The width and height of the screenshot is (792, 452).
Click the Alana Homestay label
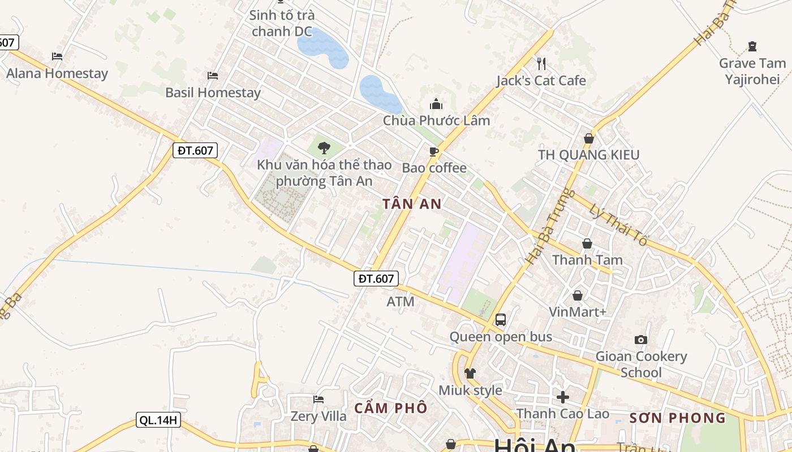point(57,73)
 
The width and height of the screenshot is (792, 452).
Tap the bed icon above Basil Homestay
point(213,76)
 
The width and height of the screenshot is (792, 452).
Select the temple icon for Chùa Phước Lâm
point(436,105)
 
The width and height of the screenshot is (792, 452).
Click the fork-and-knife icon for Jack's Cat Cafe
point(541,63)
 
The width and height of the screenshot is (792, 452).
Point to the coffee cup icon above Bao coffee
point(434,151)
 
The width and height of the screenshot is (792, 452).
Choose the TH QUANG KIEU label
point(588,155)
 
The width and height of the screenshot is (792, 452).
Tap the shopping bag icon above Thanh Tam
point(588,244)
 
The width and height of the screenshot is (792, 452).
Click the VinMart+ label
point(578,312)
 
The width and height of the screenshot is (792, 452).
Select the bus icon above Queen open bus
point(501,320)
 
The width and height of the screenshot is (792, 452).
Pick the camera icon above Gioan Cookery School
point(641,340)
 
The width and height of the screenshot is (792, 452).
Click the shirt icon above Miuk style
point(470,373)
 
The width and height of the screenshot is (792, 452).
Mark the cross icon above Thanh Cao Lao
point(563,397)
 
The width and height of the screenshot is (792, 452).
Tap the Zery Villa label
point(318,416)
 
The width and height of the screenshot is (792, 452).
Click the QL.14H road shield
point(158,420)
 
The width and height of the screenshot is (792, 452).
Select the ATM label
point(401,302)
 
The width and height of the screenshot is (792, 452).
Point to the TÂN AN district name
point(411,205)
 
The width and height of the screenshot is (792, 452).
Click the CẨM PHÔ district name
point(391,408)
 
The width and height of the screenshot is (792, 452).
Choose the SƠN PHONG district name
point(677,418)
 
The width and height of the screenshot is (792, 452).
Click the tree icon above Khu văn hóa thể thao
point(324,148)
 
